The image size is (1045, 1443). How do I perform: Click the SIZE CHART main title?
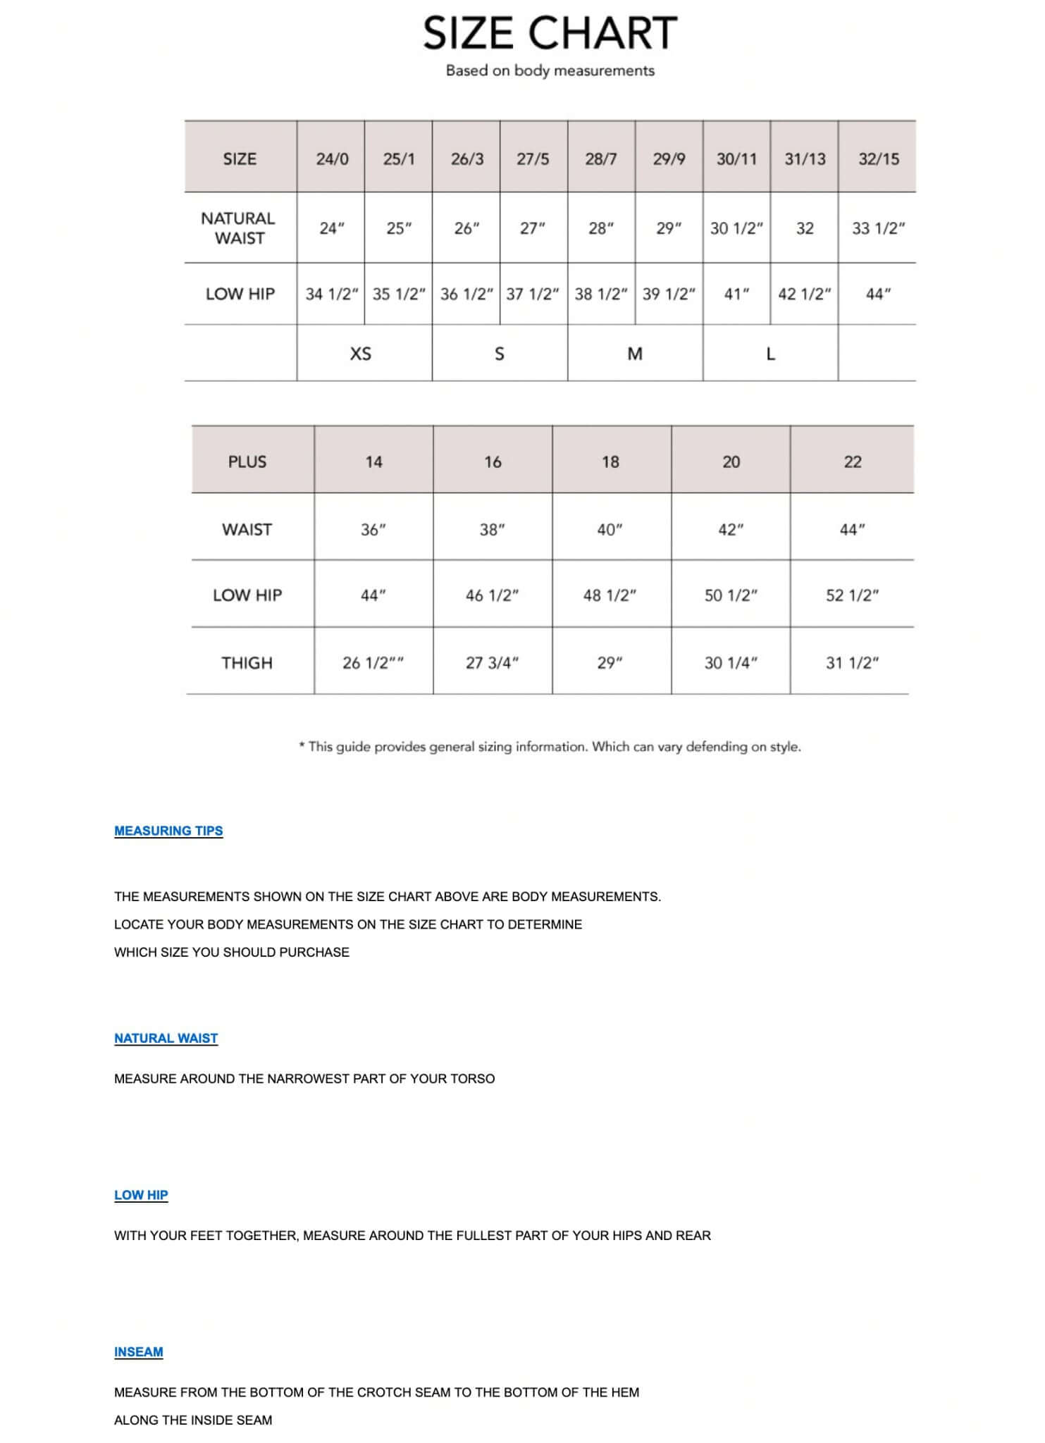550,34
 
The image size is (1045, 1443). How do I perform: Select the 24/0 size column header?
332,159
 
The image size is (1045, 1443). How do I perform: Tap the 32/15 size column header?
878,159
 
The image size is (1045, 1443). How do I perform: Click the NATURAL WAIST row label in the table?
239,228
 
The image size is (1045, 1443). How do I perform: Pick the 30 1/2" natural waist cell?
736,228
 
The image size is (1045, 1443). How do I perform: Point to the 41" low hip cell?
736,294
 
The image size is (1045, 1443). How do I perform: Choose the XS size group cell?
361,354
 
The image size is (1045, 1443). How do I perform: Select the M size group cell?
635,354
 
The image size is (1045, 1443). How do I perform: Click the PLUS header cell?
247,462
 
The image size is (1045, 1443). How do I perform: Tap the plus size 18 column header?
610,462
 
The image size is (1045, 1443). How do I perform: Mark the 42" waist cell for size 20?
731,529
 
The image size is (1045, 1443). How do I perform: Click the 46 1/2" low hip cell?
492,595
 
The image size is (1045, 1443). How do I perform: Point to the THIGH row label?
247,662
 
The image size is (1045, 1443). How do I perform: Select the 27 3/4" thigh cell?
492,662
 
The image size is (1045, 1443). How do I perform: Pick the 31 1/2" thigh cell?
852,662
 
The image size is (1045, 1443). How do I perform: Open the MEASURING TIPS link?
168,831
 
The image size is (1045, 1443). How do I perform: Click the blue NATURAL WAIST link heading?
166,1038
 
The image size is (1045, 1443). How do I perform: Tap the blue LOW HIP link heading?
141,1195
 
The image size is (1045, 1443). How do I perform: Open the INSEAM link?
138,1352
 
